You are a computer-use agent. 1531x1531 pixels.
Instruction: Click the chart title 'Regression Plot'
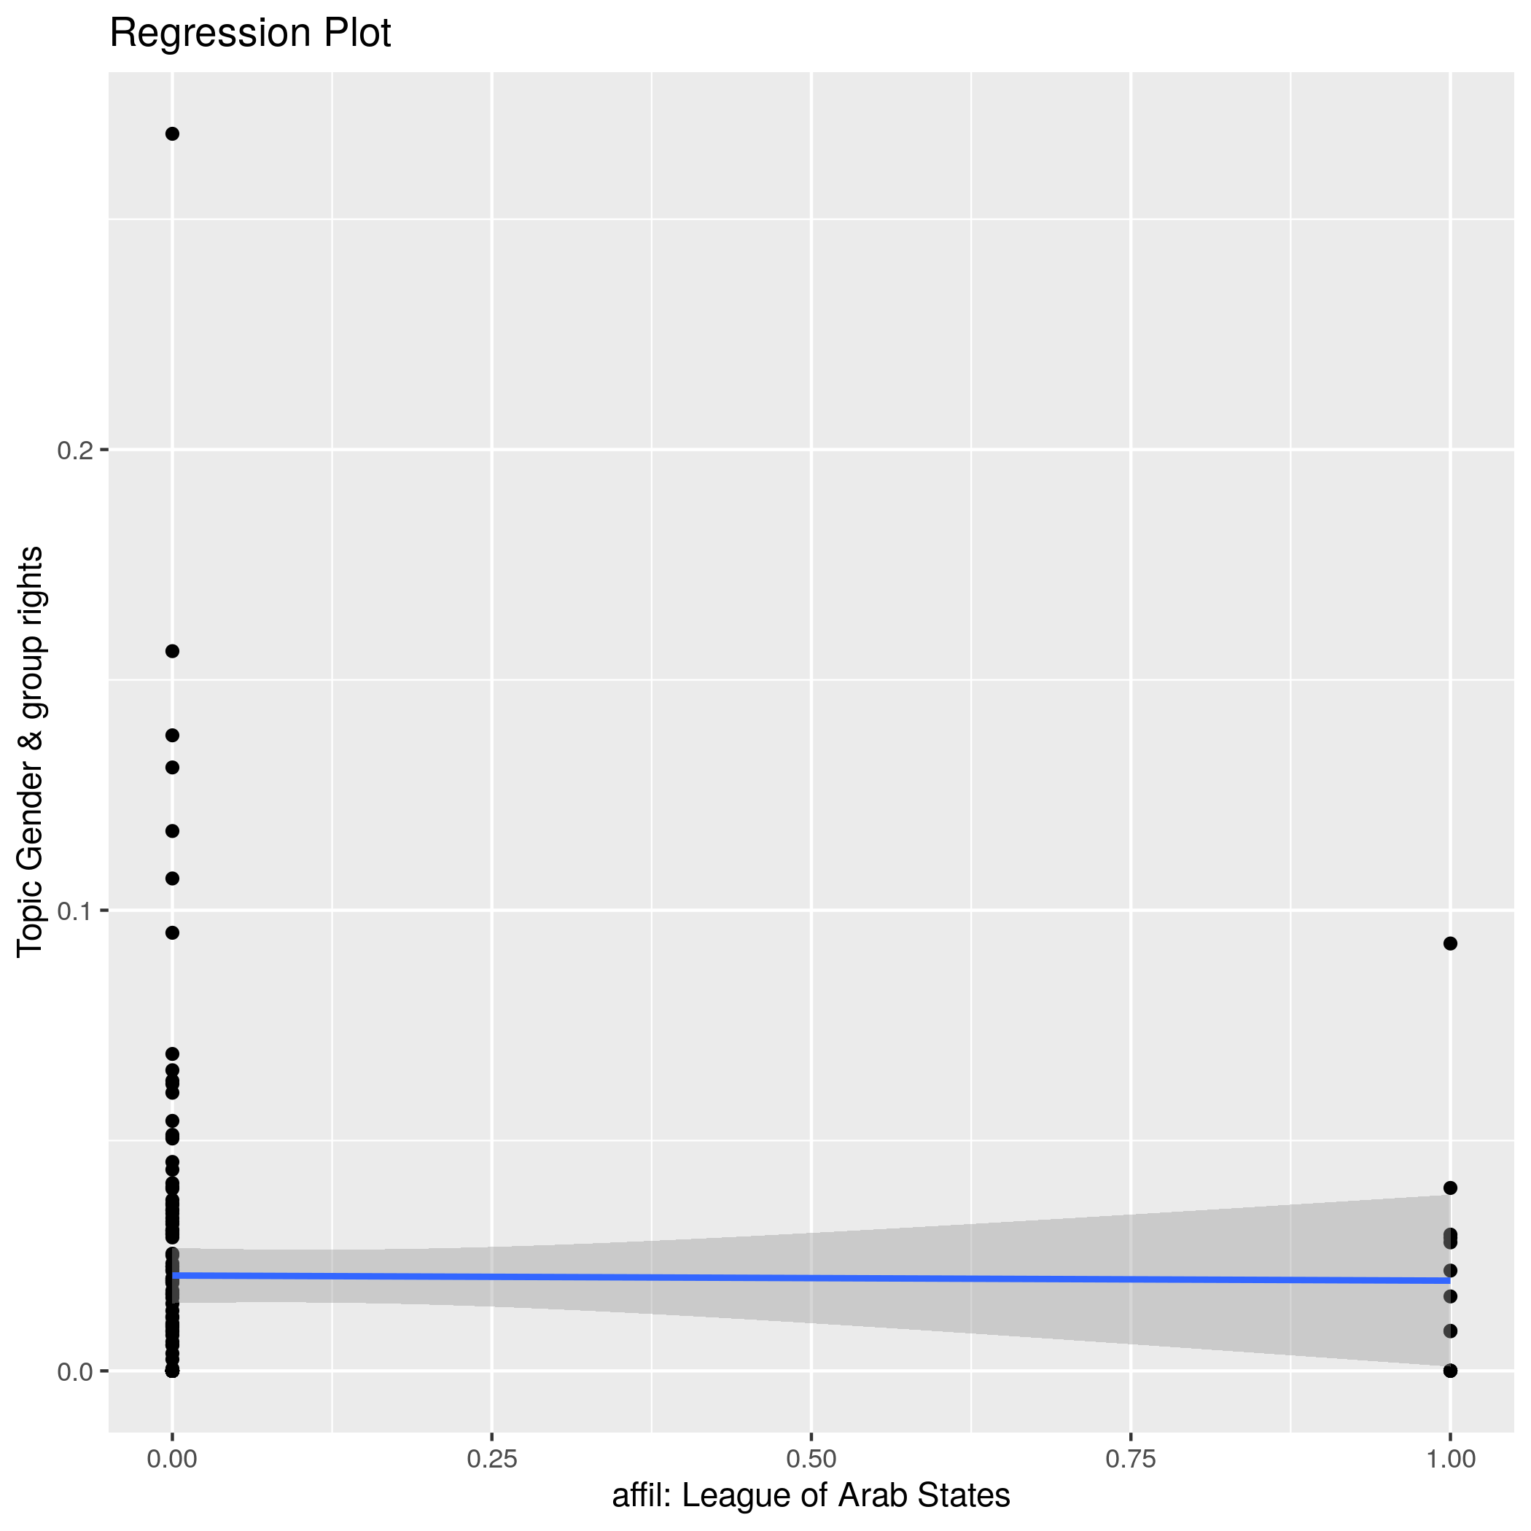249,34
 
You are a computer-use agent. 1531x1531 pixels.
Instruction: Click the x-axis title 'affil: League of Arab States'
811,1495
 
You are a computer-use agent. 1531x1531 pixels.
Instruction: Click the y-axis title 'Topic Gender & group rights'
31,751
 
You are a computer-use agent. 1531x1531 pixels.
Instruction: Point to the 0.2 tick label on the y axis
75,450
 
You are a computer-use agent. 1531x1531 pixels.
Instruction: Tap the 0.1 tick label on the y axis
75,911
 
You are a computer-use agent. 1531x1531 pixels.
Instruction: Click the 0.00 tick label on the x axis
172,1459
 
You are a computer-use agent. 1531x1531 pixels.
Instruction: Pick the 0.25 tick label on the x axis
492,1459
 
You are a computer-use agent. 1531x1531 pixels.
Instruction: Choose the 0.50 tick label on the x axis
811,1459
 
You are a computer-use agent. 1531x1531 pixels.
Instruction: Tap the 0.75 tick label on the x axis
1131,1459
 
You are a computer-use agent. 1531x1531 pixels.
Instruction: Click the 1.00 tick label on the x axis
1450,1459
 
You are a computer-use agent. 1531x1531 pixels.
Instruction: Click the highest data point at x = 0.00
172,134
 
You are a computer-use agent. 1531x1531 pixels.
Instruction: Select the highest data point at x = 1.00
1450,943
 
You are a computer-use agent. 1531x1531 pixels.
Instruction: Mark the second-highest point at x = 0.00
172,651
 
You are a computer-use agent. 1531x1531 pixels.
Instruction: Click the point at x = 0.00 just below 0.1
172,932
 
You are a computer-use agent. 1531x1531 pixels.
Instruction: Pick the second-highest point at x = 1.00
1450,1188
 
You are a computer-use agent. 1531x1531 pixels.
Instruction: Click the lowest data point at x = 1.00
1450,1371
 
